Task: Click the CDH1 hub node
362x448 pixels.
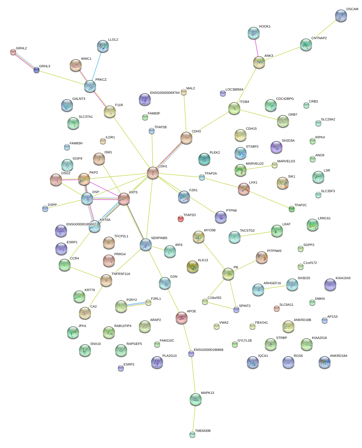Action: pyautogui.click(x=153, y=173)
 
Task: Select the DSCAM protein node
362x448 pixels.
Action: pyautogui.click(x=341, y=16)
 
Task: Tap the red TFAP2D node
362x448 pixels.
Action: pyautogui.click(x=181, y=219)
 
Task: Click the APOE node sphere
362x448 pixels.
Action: pyautogui.click(x=182, y=318)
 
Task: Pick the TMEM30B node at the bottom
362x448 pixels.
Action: pyautogui.click(x=192, y=434)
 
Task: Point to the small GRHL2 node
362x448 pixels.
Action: pyautogui.click(x=13, y=52)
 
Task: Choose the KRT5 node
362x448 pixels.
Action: pyautogui.click(x=124, y=199)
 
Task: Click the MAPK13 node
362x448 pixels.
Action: pyautogui.click(x=196, y=399)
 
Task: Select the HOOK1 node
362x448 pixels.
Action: pyautogui.click(x=254, y=33)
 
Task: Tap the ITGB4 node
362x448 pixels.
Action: pyautogui.click(x=234, y=108)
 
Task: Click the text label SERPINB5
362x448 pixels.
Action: pyautogui.click(x=159, y=238)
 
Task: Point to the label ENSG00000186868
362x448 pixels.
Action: pyautogui.click(x=209, y=350)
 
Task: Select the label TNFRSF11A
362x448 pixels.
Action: pyautogui.click(x=121, y=274)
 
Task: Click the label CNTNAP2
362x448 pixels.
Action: pyautogui.click(x=319, y=38)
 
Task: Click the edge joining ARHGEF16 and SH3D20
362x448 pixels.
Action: pyautogui.click(x=275, y=287)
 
